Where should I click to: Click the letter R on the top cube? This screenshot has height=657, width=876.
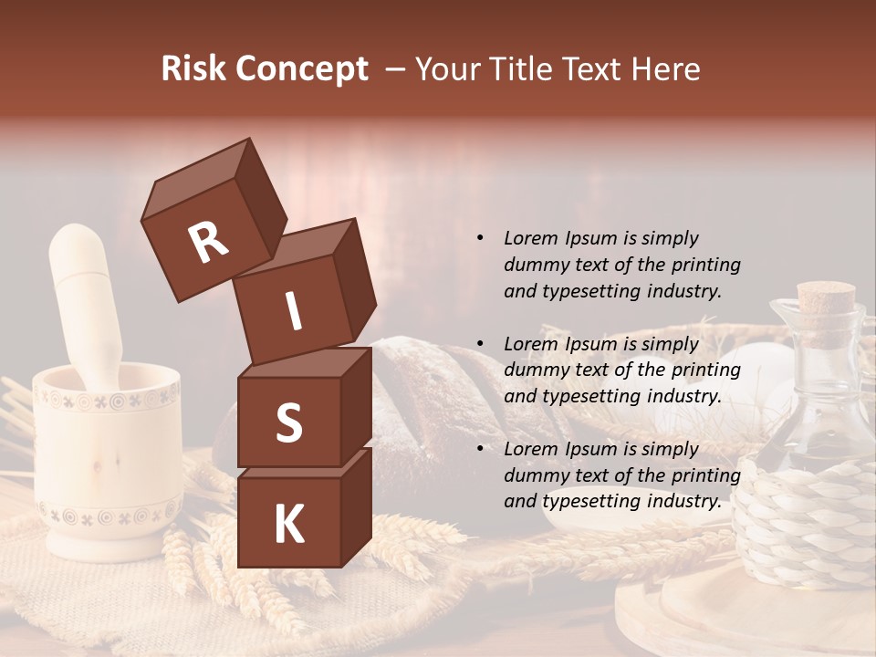(208, 243)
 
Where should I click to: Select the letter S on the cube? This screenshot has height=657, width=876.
(288, 422)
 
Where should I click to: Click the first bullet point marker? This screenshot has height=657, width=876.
(480, 239)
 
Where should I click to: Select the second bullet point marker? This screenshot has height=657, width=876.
(480, 344)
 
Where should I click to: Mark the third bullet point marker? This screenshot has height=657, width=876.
(480, 449)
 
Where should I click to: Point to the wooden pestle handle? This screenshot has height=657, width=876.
(81, 292)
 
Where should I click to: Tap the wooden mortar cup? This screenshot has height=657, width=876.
(107, 456)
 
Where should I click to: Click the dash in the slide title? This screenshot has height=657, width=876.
(396, 69)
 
